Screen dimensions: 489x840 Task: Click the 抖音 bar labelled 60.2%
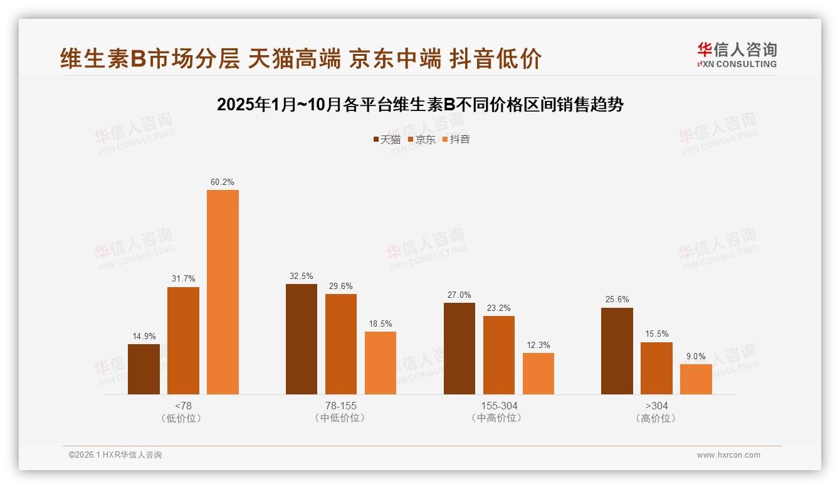223,292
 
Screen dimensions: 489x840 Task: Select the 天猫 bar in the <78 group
144,369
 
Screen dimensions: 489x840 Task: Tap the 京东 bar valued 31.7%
183,340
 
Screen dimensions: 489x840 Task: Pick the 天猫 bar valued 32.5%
302,339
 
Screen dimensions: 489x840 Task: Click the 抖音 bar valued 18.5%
381,363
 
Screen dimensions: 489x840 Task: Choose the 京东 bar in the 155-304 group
499,355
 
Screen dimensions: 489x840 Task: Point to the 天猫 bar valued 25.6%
617,351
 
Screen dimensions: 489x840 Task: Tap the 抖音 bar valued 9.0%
696,379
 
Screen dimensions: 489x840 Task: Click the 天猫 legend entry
387,139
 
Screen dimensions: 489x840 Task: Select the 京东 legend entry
422,139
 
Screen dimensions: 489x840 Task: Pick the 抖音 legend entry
456,139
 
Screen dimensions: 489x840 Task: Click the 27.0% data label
459,295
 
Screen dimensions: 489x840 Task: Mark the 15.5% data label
656,334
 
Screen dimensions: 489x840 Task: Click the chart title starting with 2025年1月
420,105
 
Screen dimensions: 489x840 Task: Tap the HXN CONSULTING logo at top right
737,55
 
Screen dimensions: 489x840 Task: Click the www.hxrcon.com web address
728,455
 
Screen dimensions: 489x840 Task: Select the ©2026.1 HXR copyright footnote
115,455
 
